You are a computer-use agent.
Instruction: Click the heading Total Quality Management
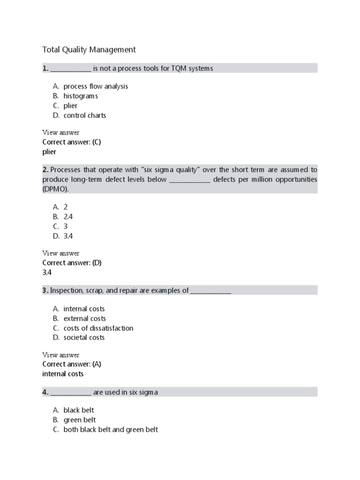(x=89, y=49)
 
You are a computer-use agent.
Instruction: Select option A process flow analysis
(x=96, y=86)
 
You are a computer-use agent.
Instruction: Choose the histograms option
(x=81, y=96)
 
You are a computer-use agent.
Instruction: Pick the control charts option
(x=85, y=115)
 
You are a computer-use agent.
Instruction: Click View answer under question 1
(x=61, y=133)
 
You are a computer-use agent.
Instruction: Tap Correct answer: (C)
(x=72, y=142)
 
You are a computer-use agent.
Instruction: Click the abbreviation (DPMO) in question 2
(x=55, y=189)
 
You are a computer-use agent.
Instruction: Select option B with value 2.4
(x=68, y=217)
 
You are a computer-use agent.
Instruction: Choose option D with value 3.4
(x=68, y=236)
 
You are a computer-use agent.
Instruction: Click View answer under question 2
(x=61, y=253)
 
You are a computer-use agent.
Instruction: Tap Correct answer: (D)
(x=72, y=262)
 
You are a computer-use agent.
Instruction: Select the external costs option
(x=84, y=319)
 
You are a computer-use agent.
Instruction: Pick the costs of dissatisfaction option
(x=98, y=328)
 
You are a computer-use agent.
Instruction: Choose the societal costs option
(x=84, y=337)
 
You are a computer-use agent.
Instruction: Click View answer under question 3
(x=61, y=355)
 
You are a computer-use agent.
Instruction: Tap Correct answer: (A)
(x=72, y=364)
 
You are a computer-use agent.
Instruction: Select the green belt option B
(x=80, y=420)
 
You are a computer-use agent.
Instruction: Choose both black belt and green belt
(x=111, y=429)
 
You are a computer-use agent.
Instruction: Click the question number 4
(x=45, y=392)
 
